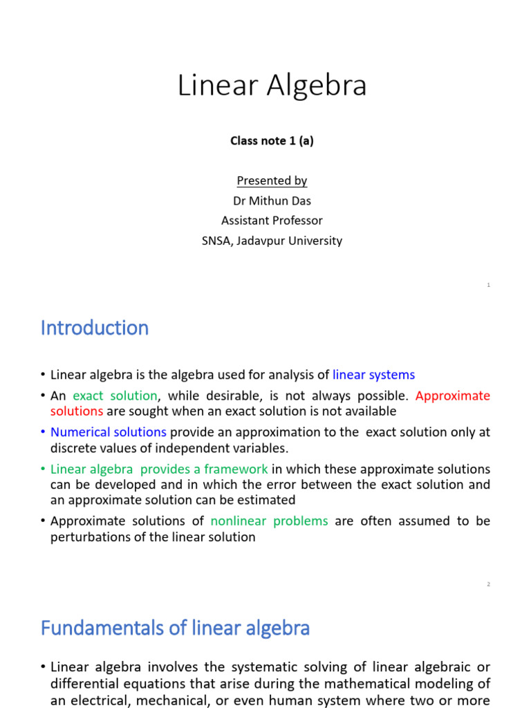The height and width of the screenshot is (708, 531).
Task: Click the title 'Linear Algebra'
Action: click(x=272, y=86)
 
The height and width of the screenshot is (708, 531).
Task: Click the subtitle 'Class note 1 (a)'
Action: click(x=272, y=140)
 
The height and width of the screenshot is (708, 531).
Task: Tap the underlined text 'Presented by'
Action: click(x=272, y=180)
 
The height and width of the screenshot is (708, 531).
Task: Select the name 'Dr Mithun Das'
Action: click(x=272, y=201)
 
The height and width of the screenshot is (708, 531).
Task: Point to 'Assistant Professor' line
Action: click(x=272, y=221)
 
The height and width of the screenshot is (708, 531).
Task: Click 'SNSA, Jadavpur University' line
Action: click(x=272, y=241)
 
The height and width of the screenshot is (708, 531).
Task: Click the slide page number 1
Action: click(x=488, y=285)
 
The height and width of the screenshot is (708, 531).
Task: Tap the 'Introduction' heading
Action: click(x=95, y=328)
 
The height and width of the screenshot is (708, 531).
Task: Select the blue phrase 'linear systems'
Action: click(x=373, y=375)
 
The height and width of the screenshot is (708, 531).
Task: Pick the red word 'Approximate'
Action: click(x=453, y=395)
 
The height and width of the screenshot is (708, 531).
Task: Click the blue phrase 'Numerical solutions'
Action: click(x=109, y=432)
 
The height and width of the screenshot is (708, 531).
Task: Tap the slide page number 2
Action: click(x=488, y=584)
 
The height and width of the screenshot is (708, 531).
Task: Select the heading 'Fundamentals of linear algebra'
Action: click(x=175, y=628)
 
